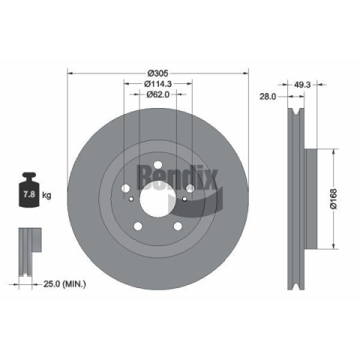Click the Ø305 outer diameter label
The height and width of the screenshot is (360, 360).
coord(158,73)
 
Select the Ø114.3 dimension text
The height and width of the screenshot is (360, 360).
coord(158,84)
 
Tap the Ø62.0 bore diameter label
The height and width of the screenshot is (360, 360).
coord(158,94)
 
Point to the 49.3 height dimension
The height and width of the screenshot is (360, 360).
coord(302,85)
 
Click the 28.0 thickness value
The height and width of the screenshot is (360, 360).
coord(268,97)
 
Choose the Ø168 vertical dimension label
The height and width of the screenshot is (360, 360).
coord(334,199)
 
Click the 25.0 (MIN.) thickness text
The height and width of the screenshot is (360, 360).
coord(64,284)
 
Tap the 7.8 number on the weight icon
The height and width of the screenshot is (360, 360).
coord(29,194)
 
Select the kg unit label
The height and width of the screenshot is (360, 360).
coord(46,195)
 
